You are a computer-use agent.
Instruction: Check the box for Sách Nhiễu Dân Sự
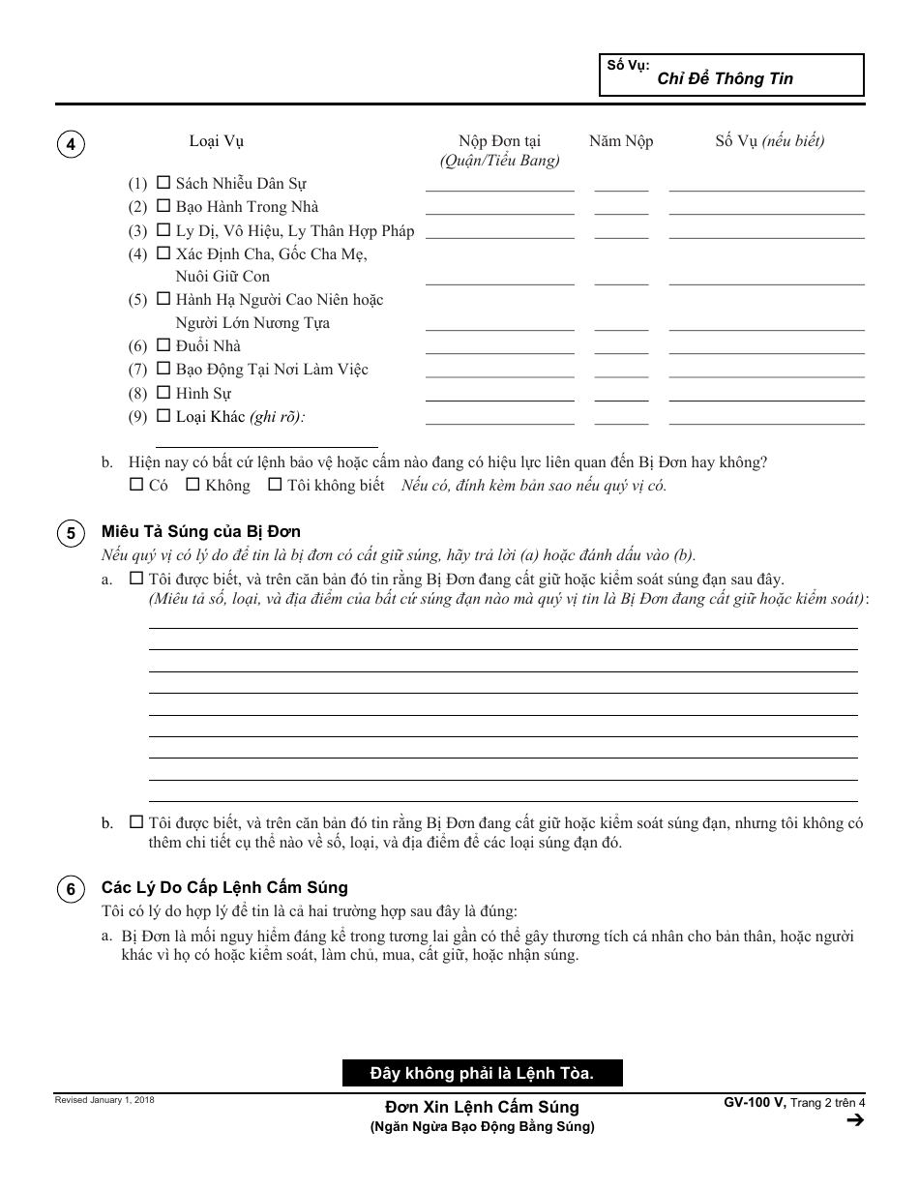point(163,183)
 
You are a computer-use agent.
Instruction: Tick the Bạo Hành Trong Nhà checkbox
point(163,206)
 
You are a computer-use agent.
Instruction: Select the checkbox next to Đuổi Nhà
point(163,345)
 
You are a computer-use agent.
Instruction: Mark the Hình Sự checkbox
point(163,393)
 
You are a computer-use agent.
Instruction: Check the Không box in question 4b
point(193,485)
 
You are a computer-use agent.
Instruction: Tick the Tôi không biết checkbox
point(275,485)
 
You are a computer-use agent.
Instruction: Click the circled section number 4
point(71,145)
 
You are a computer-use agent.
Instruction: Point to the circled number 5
point(71,534)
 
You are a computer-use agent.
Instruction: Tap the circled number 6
point(71,890)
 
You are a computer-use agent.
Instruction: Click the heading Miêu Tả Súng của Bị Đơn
point(201,532)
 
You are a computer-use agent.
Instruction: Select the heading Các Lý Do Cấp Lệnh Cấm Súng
point(224,887)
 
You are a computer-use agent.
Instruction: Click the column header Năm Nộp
point(620,141)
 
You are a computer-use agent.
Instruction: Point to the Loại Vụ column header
point(216,141)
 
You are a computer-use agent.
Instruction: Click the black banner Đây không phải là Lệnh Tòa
point(482,1072)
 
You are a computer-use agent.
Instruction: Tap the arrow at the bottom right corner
point(854,1120)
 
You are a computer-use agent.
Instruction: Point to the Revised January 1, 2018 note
point(104,1100)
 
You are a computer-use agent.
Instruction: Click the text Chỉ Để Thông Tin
point(725,79)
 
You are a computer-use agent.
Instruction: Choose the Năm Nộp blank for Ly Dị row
point(621,230)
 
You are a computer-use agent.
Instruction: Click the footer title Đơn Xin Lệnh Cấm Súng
point(482,1107)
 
